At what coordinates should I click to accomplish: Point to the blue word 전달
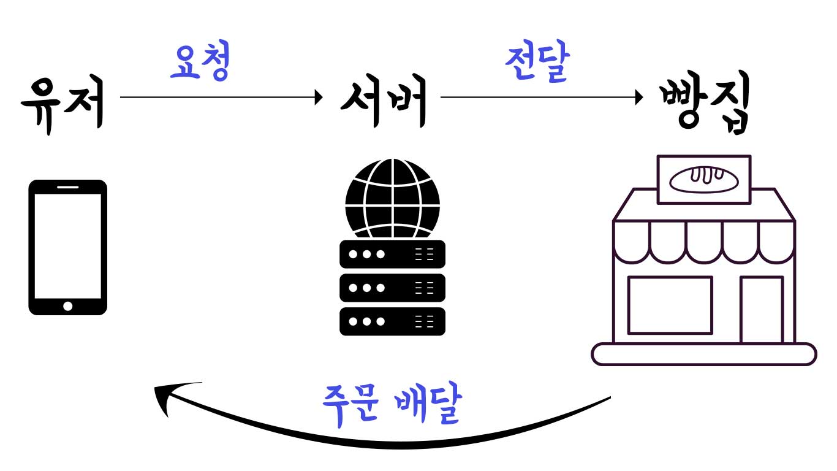click(537, 63)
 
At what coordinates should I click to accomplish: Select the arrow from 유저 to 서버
click(221, 96)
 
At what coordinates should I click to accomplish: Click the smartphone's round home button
click(68, 305)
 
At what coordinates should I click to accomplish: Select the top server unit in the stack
click(392, 254)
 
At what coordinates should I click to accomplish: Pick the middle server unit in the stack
click(392, 287)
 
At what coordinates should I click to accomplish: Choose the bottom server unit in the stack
click(392, 321)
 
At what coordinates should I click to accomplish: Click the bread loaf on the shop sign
click(704, 179)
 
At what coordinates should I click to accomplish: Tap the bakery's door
click(761, 310)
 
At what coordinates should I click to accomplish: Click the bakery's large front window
click(670, 305)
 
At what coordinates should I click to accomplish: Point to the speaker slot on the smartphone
click(68, 186)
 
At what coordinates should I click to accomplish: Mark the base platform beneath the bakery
click(703, 354)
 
